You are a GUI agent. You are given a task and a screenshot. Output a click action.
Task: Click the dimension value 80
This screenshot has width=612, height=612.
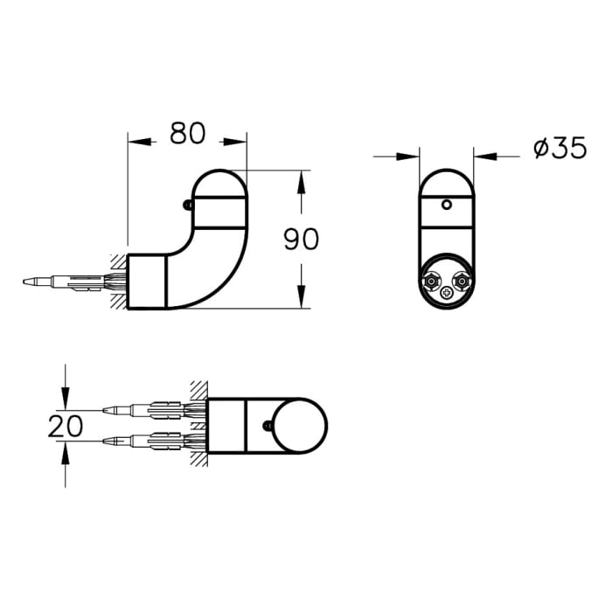tap(187, 133)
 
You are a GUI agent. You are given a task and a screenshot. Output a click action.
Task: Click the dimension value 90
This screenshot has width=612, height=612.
tap(301, 239)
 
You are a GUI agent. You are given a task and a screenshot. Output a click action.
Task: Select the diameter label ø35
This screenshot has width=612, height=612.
tap(559, 150)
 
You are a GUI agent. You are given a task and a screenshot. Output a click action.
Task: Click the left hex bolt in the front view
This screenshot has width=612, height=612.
tap(430, 282)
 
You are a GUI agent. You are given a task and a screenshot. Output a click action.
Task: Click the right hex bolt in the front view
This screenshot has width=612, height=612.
tap(462, 282)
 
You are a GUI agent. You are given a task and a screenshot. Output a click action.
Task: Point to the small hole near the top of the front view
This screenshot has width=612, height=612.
tap(447, 205)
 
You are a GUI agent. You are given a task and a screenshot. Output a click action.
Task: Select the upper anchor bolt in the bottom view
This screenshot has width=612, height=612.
tap(149, 408)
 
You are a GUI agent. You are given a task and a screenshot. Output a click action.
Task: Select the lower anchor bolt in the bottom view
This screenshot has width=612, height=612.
tap(149, 439)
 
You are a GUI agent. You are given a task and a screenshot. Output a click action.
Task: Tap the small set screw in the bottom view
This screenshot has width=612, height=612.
tap(267, 426)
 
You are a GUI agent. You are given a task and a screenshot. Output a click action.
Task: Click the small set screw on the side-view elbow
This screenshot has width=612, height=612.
tap(187, 205)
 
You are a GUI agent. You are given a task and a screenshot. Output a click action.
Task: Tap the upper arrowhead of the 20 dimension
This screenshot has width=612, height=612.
tap(66, 399)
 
